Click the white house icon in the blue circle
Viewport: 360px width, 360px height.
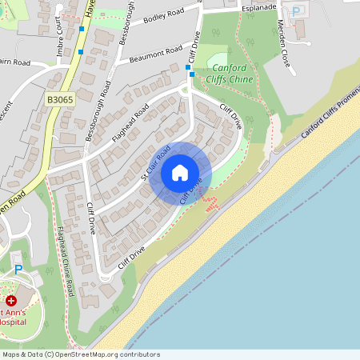click(x=180, y=173)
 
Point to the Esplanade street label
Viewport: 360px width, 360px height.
click(x=260, y=7)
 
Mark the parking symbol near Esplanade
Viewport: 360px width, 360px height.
click(x=297, y=12)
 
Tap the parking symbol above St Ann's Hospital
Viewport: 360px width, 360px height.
click(x=18, y=271)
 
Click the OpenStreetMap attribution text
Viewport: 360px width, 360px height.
click(x=81, y=354)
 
